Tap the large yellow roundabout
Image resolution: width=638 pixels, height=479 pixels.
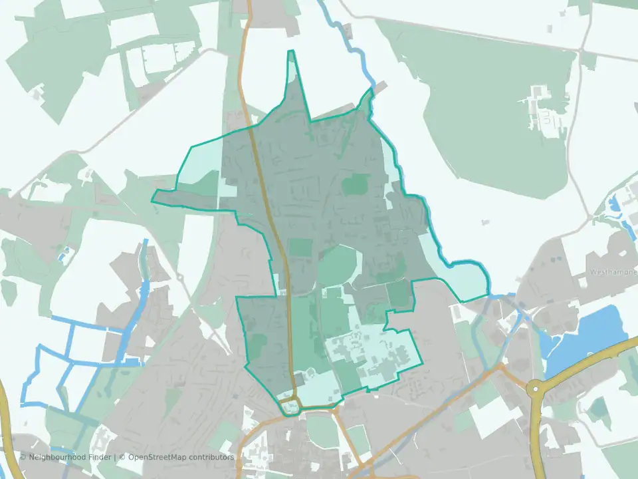tap(536, 388)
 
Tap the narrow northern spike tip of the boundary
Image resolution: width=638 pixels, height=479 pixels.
tap(290, 51)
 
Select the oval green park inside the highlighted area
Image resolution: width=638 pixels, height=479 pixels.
tap(339, 266)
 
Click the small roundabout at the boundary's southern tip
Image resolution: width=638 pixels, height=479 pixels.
tap(290, 405)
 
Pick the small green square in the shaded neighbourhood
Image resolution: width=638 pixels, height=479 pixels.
tap(357, 185)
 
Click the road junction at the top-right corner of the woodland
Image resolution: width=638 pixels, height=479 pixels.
tap(583, 49)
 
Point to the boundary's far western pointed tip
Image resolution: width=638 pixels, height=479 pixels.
tap(152, 200)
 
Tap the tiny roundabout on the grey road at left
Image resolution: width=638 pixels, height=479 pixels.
tap(179, 277)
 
